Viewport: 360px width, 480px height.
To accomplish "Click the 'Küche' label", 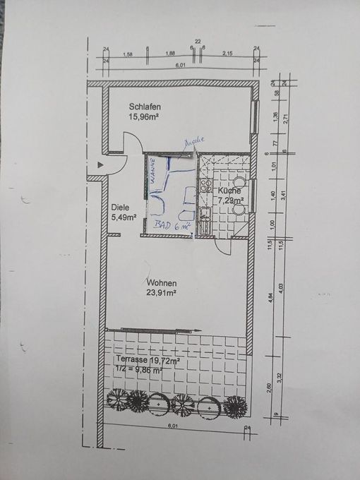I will [x=229, y=191].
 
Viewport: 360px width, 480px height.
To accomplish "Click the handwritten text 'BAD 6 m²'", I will [x=172, y=227].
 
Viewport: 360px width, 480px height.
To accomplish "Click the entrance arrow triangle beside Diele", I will [x=101, y=164].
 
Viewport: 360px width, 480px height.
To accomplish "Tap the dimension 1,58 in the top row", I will [x=128, y=54].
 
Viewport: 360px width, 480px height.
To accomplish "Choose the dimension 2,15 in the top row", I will [x=227, y=54].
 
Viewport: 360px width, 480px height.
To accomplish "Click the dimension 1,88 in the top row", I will [x=170, y=54].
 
